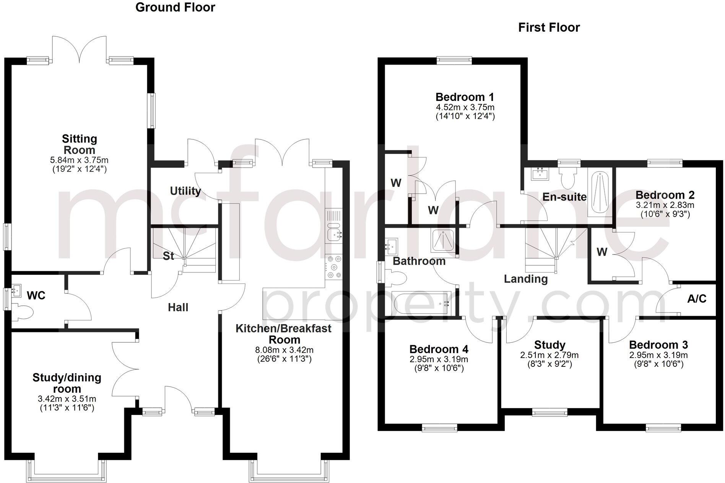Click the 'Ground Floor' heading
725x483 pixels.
tap(175, 7)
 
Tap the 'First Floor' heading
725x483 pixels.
tap(549, 28)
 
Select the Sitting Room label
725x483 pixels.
tap(80, 144)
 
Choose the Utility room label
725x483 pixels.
tap(185, 191)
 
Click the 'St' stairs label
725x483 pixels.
tap(168, 256)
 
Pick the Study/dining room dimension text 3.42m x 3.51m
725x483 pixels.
tap(67, 399)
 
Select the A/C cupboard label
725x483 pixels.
tap(697, 299)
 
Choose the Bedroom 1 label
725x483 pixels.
tap(465, 97)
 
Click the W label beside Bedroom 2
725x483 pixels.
tap(602, 252)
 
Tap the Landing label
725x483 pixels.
tap(525, 279)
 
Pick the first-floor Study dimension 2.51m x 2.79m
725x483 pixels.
tap(549, 355)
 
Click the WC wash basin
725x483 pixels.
tap(16, 290)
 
